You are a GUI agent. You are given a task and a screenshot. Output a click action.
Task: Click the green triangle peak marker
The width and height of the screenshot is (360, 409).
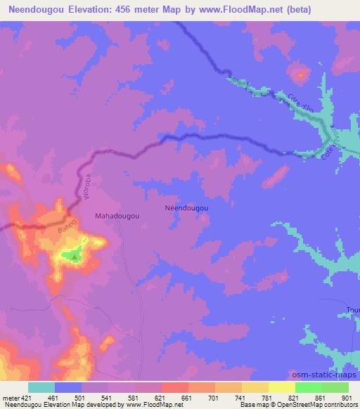tap(75, 257)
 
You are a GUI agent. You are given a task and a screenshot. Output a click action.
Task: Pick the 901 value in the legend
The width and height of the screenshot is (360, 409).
tap(345, 398)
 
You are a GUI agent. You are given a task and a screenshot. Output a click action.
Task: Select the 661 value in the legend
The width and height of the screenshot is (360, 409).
tap(187, 398)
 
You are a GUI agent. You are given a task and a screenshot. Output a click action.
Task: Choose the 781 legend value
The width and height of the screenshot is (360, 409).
tap(266, 398)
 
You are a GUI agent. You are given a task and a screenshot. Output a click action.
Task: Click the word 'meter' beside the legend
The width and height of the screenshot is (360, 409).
tap(10, 398)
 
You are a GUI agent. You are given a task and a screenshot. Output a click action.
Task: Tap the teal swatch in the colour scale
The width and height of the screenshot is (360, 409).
tap(41, 387)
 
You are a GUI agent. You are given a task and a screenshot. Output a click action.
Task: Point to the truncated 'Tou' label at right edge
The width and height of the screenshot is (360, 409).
tap(352, 310)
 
